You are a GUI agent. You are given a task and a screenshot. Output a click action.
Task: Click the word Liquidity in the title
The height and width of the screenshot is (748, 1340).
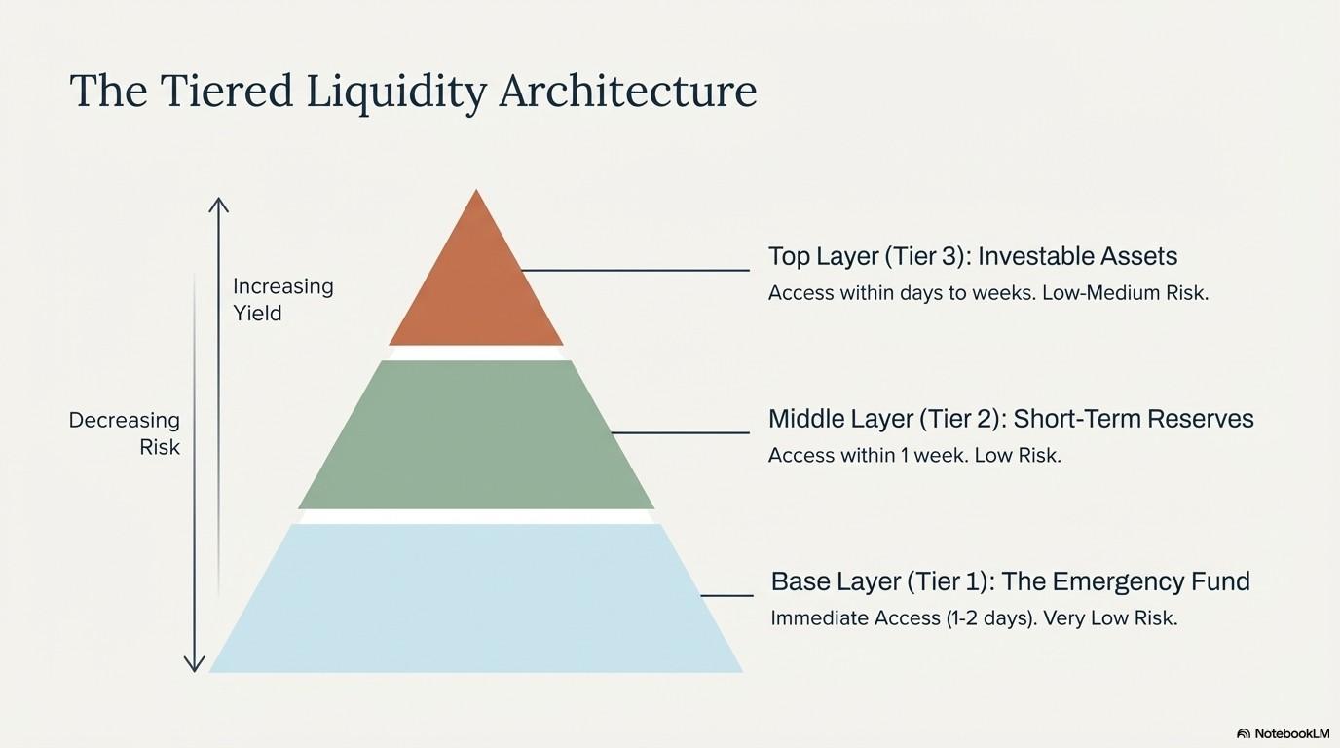pyautogui.click(x=395, y=93)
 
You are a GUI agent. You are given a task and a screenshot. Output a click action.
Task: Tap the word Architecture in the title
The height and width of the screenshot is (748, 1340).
pyautogui.click(x=627, y=92)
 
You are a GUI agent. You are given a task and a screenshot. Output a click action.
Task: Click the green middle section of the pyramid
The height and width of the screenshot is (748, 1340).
pyautogui.click(x=476, y=434)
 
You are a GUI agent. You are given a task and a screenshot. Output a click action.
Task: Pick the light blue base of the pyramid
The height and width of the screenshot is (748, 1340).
pyautogui.click(x=476, y=598)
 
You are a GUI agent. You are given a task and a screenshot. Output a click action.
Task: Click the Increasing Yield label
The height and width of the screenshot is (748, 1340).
pyautogui.click(x=282, y=299)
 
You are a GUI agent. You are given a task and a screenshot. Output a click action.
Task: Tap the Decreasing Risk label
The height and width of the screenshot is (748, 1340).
pyautogui.click(x=125, y=433)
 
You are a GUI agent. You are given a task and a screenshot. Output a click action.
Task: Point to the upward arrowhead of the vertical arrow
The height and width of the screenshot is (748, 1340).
pyautogui.click(x=219, y=205)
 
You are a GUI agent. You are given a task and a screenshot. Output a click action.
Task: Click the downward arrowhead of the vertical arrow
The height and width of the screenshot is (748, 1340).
pyautogui.click(x=195, y=664)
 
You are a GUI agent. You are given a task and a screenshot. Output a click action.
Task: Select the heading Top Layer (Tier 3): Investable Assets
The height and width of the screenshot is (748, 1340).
pyautogui.click(x=972, y=256)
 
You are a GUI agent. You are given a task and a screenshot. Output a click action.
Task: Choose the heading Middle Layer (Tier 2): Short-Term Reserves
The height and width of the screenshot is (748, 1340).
pyautogui.click(x=1010, y=419)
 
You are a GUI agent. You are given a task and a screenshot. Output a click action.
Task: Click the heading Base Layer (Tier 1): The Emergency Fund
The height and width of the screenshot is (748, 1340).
pyautogui.click(x=1009, y=581)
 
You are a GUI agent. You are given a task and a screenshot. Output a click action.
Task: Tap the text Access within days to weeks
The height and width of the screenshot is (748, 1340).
pyautogui.click(x=901, y=292)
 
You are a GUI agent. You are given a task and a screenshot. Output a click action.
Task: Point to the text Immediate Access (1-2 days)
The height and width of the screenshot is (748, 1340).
pyautogui.click(x=903, y=617)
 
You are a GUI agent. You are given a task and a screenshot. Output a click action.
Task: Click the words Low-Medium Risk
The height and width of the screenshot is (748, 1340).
pyautogui.click(x=1125, y=292)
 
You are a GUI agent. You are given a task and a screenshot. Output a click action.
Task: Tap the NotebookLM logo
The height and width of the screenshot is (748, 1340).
pyautogui.click(x=1283, y=733)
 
